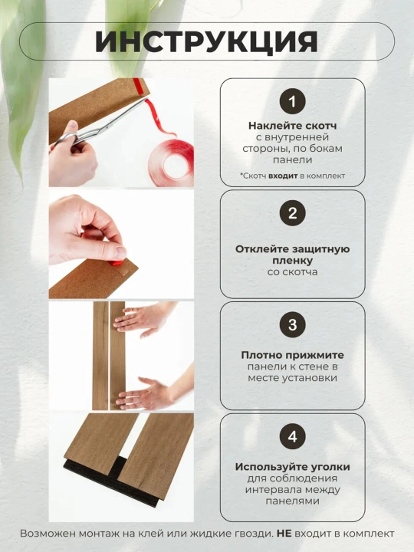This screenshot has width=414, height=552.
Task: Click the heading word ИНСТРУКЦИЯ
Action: [x=207, y=42]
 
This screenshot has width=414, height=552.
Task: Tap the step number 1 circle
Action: [x=292, y=101]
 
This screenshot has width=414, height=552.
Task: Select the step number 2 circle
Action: [x=292, y=213]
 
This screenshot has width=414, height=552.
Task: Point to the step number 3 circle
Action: [x=292, y=324]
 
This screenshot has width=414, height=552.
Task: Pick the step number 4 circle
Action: [x=292, y=436]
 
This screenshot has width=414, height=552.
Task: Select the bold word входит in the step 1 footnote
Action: [x=283, y=176]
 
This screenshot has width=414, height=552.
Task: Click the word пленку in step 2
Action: [x=292, y=261]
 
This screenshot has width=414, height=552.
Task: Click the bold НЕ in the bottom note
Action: [x=284, y=534]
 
